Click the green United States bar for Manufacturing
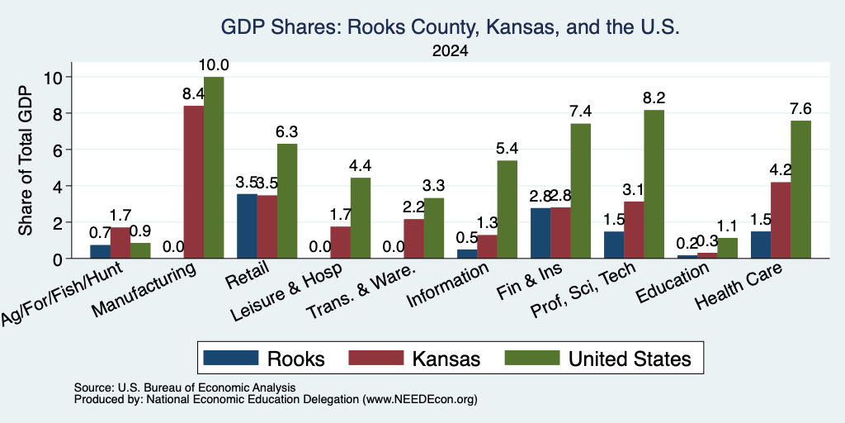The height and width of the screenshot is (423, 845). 214,167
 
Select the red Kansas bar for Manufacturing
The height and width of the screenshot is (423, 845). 193,182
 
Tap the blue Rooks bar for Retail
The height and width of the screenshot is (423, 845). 247,226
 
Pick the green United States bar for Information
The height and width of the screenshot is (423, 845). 507,209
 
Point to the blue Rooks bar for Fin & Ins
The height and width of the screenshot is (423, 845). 541,233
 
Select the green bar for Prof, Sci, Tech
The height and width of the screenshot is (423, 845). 654,184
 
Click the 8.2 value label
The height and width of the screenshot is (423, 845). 654,98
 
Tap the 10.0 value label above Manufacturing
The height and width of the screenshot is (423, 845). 214,65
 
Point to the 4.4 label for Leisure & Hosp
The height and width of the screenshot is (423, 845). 361,165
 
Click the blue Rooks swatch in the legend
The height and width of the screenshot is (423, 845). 231,358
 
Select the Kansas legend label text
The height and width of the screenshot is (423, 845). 446,359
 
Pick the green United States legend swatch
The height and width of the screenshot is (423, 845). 532,358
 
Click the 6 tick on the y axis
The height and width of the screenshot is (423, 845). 57,150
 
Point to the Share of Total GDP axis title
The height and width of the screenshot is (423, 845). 26,160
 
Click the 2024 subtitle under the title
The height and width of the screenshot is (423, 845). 450,51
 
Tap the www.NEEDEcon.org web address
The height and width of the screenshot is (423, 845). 420,400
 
